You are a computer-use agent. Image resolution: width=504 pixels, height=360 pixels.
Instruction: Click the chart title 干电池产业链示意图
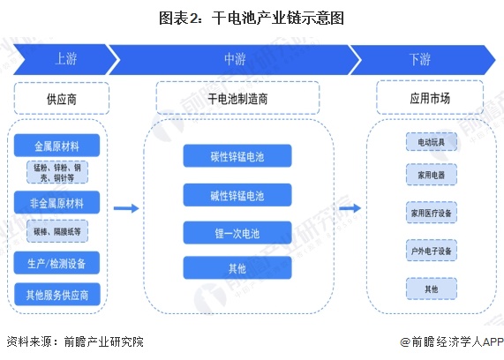[252, 17]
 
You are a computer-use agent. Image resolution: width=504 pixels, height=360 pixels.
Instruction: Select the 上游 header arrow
[64, 59]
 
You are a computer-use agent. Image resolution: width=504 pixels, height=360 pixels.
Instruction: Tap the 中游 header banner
[234, 59]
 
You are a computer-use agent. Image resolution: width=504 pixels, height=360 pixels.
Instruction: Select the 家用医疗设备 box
[430, 213]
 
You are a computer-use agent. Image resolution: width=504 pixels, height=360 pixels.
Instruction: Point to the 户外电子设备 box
[430, 251]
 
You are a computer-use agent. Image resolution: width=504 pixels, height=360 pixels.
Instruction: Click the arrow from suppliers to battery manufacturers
[127, 208]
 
